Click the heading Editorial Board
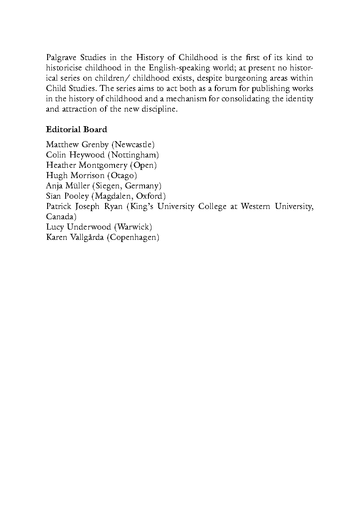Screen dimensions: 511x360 76,130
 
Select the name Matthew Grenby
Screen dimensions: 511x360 77,145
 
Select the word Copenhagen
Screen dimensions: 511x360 133,237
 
